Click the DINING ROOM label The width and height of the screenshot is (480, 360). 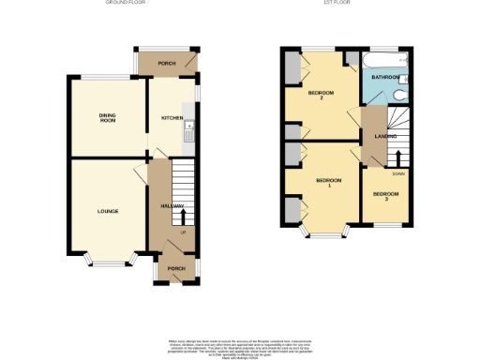coord(107,118)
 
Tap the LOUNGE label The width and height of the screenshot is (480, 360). coord(108,211)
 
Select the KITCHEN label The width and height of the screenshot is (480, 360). coord(172,118)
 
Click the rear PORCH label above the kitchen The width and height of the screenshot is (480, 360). coord(167,64)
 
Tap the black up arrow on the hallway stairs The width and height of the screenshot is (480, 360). coord(182,217)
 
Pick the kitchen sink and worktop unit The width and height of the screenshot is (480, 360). coord(188,137)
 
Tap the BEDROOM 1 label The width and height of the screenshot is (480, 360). coord(328,182)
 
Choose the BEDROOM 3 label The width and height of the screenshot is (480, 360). coord(385,197)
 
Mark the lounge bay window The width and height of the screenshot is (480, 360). coord(105,260)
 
